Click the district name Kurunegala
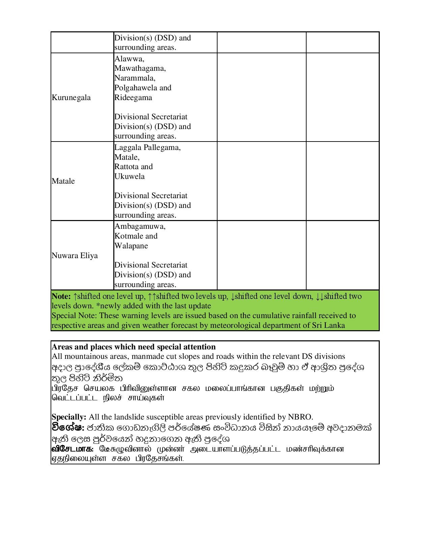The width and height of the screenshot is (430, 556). pyautogui.click(x=71, y=98)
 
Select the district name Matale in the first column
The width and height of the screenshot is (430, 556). pyautogui.click(x=63, y=181)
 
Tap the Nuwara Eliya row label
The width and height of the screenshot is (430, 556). pyautogui.click(x=75, y=256)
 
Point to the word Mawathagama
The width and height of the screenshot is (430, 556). pyautogui.click(x=140, y=68)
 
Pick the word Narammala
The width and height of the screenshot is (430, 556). pyautogui.click(x=134, y=78)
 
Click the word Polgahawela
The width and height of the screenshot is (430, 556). pyautogui.click(x=136, y=88)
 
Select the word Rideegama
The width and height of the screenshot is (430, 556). pyautogui.click(x=133, y=98)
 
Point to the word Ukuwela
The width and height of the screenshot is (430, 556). pyautogui.click(x=130, y=177)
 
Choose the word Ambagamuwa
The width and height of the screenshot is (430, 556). pyautogui.click(x=140, y=226)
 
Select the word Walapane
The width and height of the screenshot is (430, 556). pyautogui.click(x=131, y=246)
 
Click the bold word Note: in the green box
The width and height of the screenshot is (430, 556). pyautogui.click(x=61, y=297)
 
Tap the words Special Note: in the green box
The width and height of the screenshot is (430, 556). pyautogui.click(x=74, y=316)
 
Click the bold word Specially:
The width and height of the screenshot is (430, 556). pyautogui.click(x=69, y=417)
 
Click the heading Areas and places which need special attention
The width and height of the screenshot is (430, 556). pyautogui.click(x=134, y=347)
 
